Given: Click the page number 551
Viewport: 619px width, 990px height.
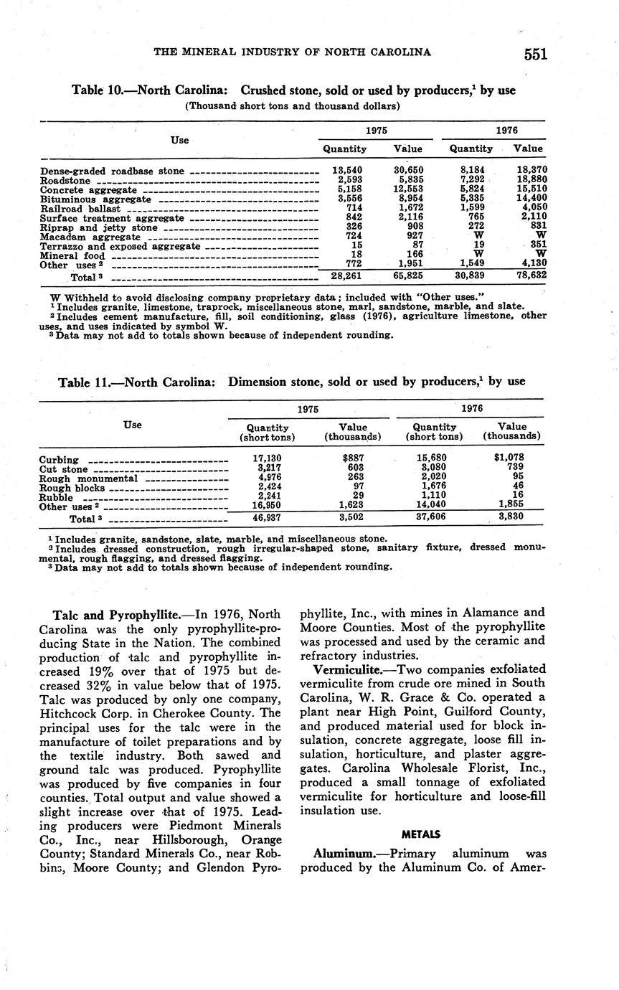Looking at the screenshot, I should click(x=535, y=55).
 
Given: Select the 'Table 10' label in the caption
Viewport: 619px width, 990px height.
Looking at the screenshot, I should click(x=98, y=91).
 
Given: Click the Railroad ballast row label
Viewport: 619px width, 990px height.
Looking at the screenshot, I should click(x=80, y=209).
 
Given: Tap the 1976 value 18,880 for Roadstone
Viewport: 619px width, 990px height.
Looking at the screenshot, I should click(x=531, y=180).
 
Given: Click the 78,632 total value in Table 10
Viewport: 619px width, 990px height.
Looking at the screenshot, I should click(x=531, y=275).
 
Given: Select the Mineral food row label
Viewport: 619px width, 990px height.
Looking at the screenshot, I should click(x=72, y=255).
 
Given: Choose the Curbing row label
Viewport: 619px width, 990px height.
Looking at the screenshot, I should click(x=60, y=460).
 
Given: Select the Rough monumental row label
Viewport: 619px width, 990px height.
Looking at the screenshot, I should click(x=89, y=478).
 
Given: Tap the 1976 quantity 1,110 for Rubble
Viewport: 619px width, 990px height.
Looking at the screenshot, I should click(x=435, y=496).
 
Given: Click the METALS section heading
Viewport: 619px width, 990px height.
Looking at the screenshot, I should click(x=421, y=834).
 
